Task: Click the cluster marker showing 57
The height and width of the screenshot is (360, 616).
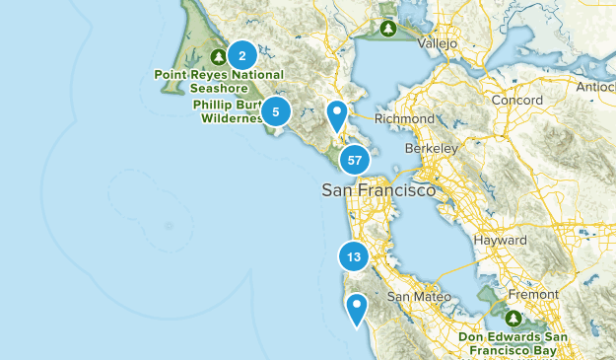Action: pyautogui.click(x=355, y=160)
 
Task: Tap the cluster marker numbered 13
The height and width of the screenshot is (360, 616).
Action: pyautogui.click(x=354, y=257)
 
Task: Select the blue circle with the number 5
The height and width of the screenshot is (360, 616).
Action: pyautogui.click(x=276, y=111)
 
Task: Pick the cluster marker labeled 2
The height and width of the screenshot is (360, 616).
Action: pyautogui.click(x=242, y=55)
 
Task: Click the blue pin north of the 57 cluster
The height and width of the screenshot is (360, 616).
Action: pyautogui.click(x=337, y=115)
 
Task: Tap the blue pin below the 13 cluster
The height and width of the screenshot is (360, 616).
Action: pyautogui.click(x=357, y=308)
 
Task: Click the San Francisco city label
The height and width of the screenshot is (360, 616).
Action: pyautogui.click(x=378, y=189)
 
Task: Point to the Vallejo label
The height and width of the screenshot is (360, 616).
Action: pyautogui.click(x=438, y=44)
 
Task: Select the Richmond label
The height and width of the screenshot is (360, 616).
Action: pyautogui.click(x=404, y=118)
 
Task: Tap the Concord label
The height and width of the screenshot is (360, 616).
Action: pyautogui.click(x=517, y=101)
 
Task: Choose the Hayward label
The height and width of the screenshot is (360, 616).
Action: pyautogui.click(x=500, y=241)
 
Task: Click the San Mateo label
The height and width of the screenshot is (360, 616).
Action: pyautogui.click(x=419, y=296)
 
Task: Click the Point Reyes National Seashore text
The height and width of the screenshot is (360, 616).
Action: pyautogui.click(x=219, y=81)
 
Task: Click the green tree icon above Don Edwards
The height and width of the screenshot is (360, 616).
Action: pyautogui.click(x=513, y=319)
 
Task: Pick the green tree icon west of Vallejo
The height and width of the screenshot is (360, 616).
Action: pyautogui.click(x=389, y=29)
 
